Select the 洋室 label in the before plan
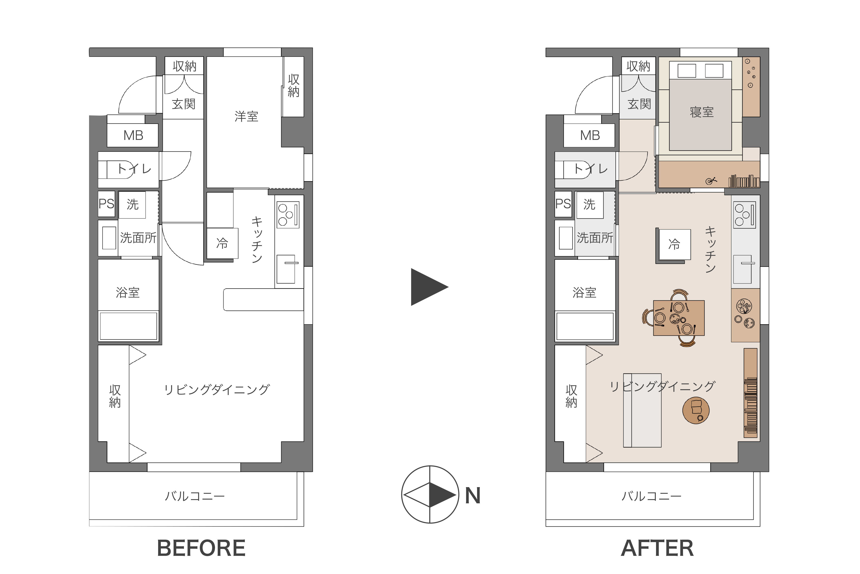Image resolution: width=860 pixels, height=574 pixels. pos(246,116)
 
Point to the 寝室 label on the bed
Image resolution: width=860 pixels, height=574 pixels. pos(702,112)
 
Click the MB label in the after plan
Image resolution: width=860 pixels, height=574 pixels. pos(590,135)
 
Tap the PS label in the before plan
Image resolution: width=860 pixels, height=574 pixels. pos(106,203)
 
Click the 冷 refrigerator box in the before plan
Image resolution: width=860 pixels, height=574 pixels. pos(222,243)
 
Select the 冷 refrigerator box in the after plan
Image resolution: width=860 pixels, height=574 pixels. pos(674,244)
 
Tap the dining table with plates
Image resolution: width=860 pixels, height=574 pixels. pos(679,318)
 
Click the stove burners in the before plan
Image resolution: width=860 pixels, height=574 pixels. pos(288,215)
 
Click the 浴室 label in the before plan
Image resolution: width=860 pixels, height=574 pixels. pos(128,293)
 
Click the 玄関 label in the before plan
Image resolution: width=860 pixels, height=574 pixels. pos(184,104)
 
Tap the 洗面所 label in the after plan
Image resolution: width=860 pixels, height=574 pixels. pos(595,238)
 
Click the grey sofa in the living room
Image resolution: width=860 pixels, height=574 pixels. pos(642,410)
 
